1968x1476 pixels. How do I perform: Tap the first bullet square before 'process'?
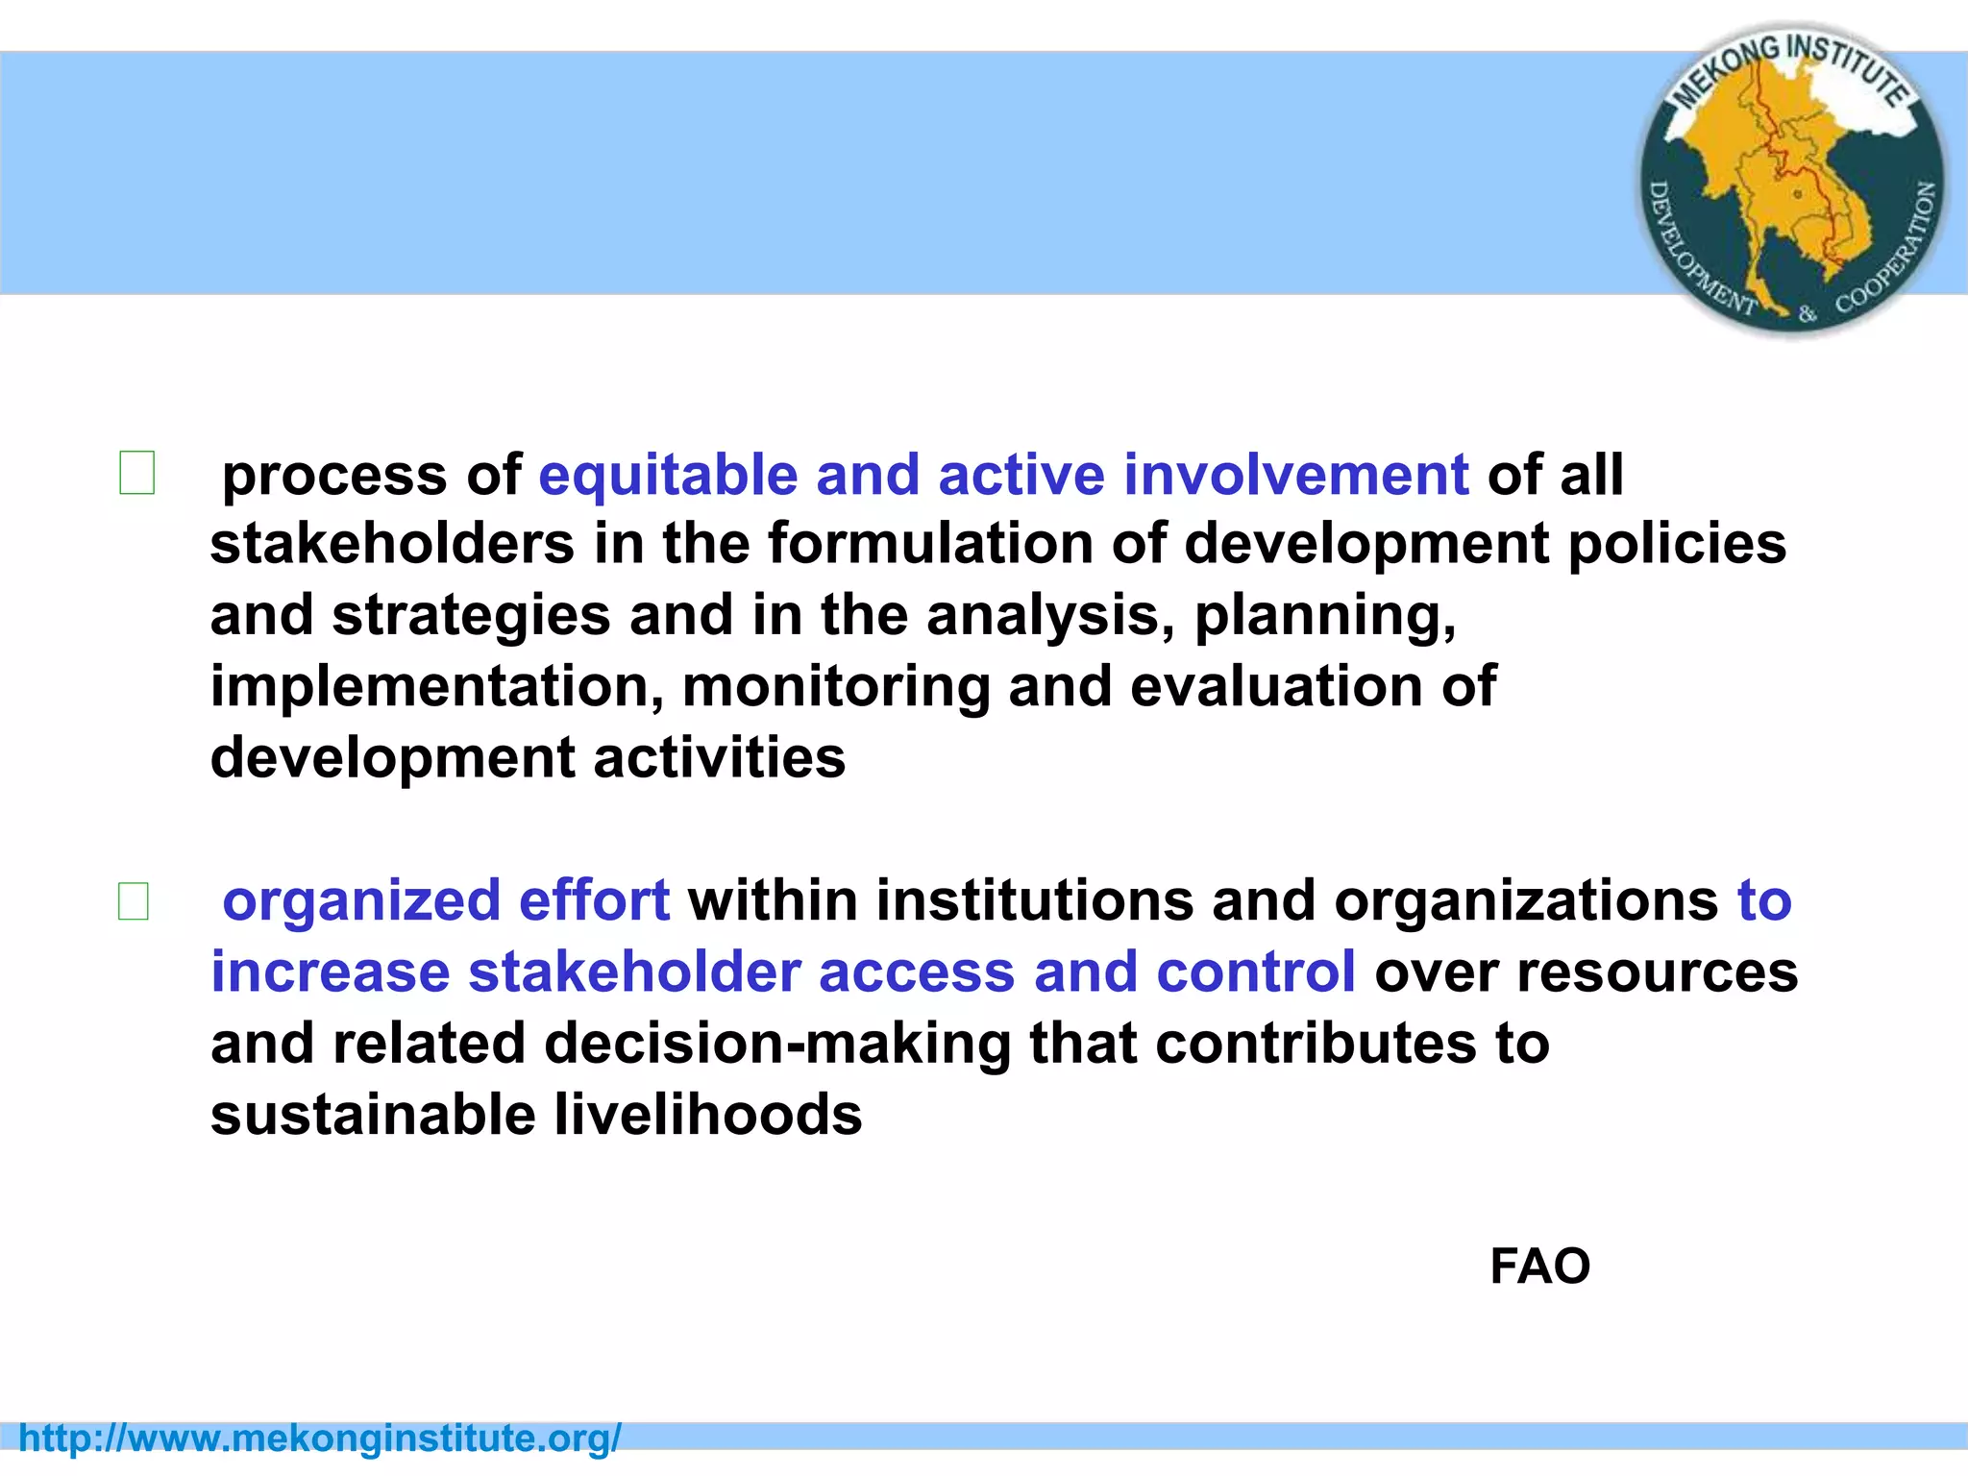point(136,473)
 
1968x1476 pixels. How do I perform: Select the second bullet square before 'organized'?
point(134,901)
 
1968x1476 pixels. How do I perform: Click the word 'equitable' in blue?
point(668,475)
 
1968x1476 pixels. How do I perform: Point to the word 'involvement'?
point(1295,475)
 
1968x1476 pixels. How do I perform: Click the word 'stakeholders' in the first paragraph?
point(391,544)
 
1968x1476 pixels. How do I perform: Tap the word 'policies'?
point(1677,544)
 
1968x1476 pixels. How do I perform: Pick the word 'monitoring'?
point(836,687)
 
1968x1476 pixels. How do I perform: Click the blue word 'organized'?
point(361,901)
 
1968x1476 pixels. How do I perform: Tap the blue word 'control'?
point(1256,972)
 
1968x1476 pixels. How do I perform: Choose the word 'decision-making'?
point(777,1044)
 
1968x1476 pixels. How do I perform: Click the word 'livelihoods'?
point(708,1116)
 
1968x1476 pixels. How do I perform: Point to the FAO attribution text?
point(1539,1267)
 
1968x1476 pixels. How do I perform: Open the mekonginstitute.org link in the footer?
point(320,1439)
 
